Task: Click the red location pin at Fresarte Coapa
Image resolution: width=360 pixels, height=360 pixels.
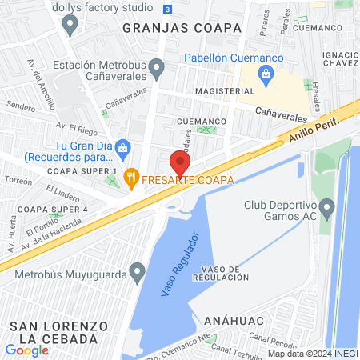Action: [180, 162]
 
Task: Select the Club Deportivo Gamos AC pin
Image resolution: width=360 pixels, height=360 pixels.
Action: [326, 211]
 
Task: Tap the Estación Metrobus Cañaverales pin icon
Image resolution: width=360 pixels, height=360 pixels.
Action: [158, 67]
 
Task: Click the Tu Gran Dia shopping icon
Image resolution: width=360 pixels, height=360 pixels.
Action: [122, 146]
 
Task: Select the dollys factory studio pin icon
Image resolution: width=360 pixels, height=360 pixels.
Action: [70, 24]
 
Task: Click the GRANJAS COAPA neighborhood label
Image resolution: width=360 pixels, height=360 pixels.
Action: [182, 27]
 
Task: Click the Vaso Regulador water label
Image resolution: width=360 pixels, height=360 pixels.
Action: [177, 265]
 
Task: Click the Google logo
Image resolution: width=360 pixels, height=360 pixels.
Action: [26, 350]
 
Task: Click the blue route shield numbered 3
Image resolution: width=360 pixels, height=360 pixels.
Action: [166, 9]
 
